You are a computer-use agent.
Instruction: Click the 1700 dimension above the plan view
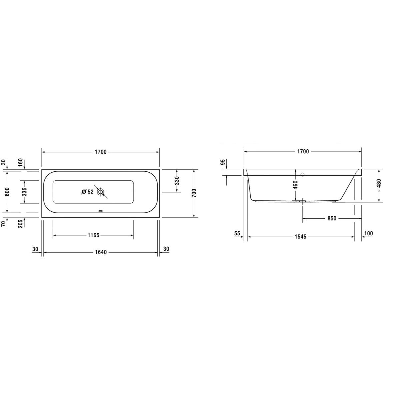click(x=101, y=152)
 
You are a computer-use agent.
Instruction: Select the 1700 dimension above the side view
click(x=303, y=152)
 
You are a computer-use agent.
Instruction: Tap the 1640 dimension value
click(x=101, y=252)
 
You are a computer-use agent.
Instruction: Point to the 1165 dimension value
click(x=93, y=235)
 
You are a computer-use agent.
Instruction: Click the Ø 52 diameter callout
click(x=87, y=192)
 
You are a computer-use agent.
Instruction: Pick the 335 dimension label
click(x=24, y=192)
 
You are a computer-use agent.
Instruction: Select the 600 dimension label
click(x=7, y=192)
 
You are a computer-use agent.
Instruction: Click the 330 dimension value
click(x=177, y=181)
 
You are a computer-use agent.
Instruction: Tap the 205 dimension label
click(x=20, y=224)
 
